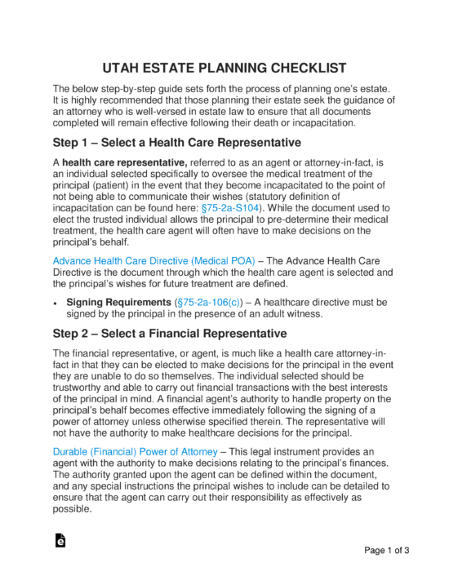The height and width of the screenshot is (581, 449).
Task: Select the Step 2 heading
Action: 169,333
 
